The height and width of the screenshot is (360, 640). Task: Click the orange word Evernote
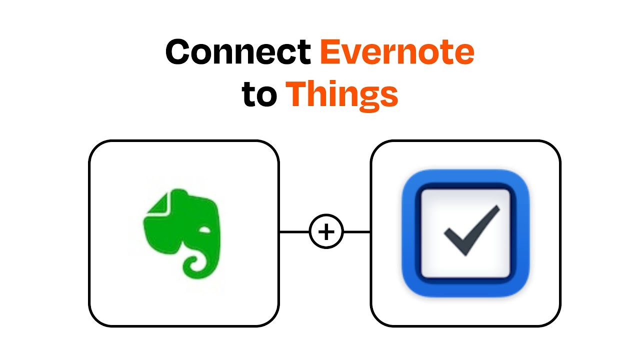[397, 52]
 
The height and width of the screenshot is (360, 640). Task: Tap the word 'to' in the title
[259, 94]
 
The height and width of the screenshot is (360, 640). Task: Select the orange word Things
[341, 94]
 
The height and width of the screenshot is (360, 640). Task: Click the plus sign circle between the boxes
[326, 232]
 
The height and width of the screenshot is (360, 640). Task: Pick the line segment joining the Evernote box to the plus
[294, 232]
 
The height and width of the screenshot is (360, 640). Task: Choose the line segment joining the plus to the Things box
[357, 232]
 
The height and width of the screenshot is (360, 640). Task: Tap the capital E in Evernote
[330, 52]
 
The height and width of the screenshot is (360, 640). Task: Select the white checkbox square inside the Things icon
[440, 210]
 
